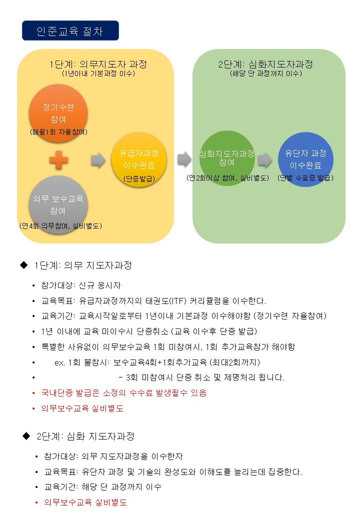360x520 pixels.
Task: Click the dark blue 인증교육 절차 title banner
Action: (70, 30)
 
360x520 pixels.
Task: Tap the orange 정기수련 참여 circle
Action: (58, 113)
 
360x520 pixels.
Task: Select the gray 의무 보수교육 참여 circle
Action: (58, 205)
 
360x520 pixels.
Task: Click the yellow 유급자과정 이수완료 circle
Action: (139, 159)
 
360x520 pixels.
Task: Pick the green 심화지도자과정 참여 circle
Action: (227, 158)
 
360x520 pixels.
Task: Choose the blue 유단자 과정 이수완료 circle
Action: (305, 159)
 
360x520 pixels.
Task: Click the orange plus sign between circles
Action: (58, 160)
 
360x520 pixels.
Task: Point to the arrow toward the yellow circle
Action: (98, 160)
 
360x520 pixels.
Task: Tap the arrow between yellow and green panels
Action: (184, 159)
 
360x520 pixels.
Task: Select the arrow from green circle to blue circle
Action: (265, 160)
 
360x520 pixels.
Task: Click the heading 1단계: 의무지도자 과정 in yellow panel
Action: (98, 64)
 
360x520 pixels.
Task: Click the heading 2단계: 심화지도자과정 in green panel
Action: (265, 64)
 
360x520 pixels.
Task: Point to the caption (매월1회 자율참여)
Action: (58, 132)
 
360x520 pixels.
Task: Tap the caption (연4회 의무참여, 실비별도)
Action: (60, 226)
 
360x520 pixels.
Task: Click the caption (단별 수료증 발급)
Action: (305, 178)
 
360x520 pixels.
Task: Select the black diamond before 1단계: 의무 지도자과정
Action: (24, 265)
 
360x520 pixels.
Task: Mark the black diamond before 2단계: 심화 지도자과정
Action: (26, 436)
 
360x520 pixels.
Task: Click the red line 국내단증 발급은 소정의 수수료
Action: (123, 393)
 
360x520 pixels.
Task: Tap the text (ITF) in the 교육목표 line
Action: (177, 301)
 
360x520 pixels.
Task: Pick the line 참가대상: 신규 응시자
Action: (81, 285)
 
